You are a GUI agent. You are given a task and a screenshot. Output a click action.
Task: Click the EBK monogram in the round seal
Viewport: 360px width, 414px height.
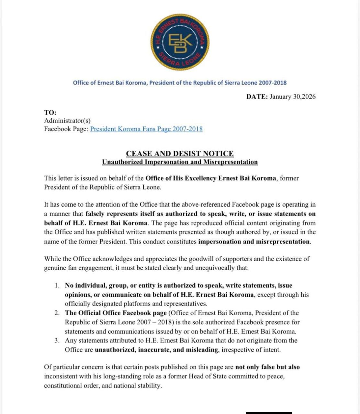(x=180, y=43)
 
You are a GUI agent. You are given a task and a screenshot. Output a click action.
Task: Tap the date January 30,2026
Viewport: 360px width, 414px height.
(x=293, y=97)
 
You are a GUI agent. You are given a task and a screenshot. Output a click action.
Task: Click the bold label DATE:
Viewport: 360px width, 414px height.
(x=257, y=97)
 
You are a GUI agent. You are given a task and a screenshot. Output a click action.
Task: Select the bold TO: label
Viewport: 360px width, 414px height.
(x=50, y=113)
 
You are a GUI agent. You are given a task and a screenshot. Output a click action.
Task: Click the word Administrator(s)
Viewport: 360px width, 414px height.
(x=67, y=121)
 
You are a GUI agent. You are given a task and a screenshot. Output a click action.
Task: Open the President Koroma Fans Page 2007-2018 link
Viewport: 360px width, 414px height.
(x=146, y=129)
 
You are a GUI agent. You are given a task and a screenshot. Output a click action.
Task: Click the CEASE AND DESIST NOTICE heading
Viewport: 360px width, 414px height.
(x=180, y=154)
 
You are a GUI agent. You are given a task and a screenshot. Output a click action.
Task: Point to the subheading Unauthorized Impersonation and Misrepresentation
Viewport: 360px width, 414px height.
(x=180, y=162)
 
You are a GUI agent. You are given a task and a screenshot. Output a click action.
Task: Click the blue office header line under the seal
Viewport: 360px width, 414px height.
(x=180, y=83)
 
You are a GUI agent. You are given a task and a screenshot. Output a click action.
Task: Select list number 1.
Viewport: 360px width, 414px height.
(x=57, y=286)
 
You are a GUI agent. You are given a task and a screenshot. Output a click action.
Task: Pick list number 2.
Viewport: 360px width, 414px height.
(x=57, y=313)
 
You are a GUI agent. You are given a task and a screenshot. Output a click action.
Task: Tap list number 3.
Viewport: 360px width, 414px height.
(x=57, y=341)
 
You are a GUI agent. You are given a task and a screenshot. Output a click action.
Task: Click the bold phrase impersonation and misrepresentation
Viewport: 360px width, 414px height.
(x=254, y=242)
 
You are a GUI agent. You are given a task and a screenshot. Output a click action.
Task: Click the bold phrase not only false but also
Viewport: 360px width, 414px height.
(x=267, y=367)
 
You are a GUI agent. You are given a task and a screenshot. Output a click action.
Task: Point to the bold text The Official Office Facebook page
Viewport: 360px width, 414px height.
(x=116, y=313)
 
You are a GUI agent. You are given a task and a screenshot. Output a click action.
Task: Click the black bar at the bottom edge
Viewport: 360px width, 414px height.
(x=268, y=413)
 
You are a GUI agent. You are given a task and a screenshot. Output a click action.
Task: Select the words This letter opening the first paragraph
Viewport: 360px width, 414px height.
(x=59, y=178)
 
